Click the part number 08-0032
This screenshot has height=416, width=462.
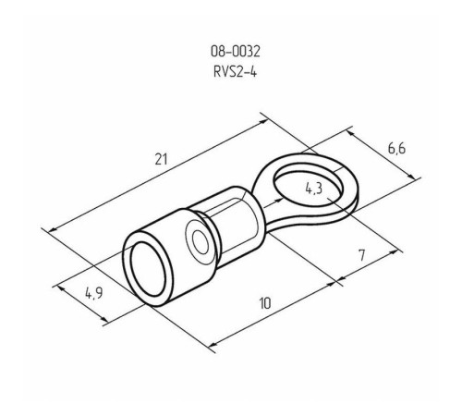click(x=236, y=52)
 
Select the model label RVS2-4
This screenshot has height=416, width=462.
click(x=235, y=72)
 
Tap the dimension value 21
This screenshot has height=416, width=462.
click(x=162, y=159)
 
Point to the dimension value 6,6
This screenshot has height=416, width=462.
click(x=396, y=149)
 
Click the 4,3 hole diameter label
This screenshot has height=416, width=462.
click(x=314, y=189)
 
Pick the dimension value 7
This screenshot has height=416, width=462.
click(x=361, y=255)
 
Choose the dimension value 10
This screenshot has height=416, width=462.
click(x=265, y=303)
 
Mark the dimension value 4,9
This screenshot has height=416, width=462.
click(x=94, y=293)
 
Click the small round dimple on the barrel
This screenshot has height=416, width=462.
click(x=201, y=243)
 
